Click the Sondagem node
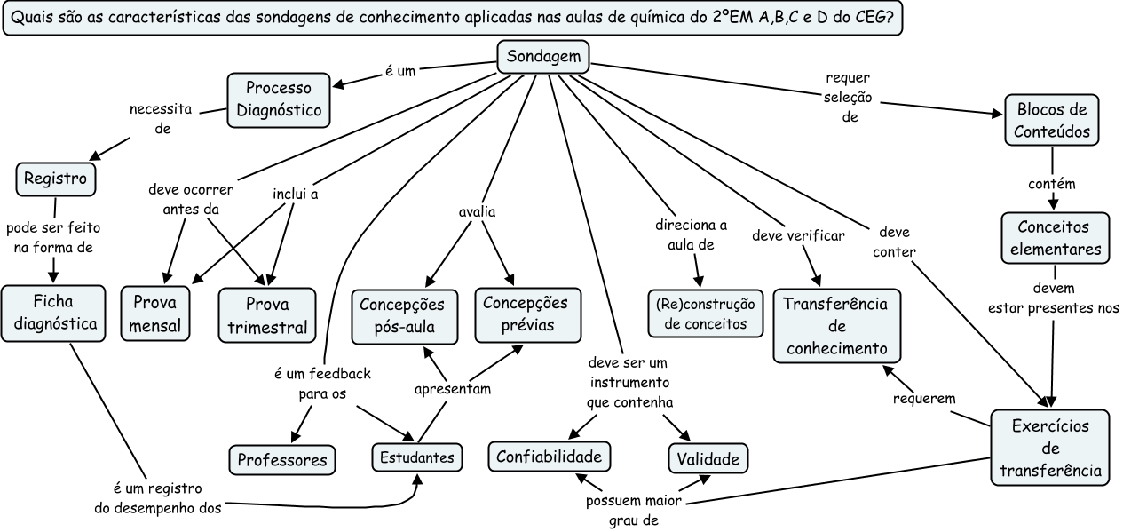[x=543, y=58]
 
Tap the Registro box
[x=55, y=179]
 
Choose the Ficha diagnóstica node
[x=55, y=312]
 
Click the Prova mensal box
[x=155, y=314]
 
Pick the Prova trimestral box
[x=267, y=314]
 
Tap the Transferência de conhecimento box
[x=836, y=325]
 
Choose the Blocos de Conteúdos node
[x=1052, y=121]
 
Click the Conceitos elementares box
[x=1053, y=238]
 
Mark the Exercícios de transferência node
[x=1050, y=448]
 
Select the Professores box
[x=282, y=459]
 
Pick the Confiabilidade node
[x=550, y=457]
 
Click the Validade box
[x=708, y=458]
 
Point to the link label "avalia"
[x=477, y=212]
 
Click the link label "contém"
[x=1052, y=184]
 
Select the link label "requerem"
[x=924, y=399]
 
